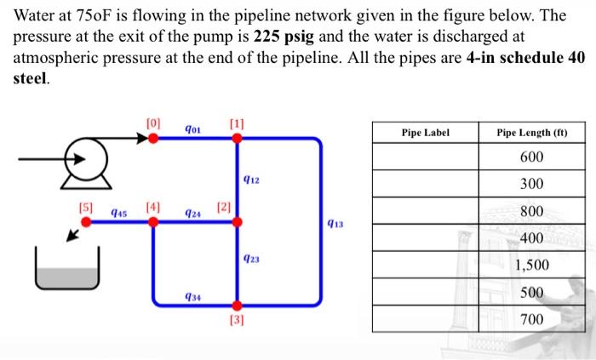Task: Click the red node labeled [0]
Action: click(x=153, y=139)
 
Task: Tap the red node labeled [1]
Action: click(x=238, y=139)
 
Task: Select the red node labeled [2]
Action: click(x=238, y=222)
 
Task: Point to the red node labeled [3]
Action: click(x=238, y=306)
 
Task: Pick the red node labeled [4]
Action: click(x=153, y=222)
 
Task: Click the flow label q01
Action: click(x=192, y=129)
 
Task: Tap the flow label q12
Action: click(x=251, y=180)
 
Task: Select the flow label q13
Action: click(x=335, y=223)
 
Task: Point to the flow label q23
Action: click(x=251, y=263)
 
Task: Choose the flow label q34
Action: click(x=192, y=295)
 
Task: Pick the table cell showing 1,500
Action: click(x=532, y=265)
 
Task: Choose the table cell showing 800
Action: click(x=532, y=211)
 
